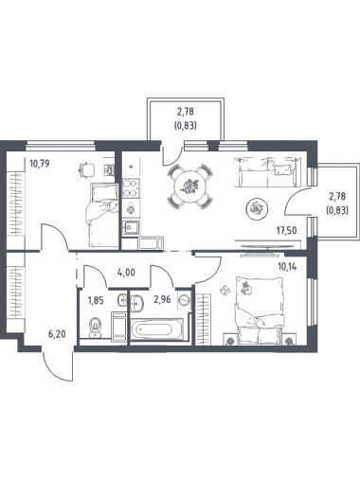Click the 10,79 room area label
(x=40, y=164)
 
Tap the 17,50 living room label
(x=287, y=231)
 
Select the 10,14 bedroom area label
(x=287, y=267)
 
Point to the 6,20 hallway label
(x=57, y=334)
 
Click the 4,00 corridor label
(x=126, y=272)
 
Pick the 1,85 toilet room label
(x=96, y=300)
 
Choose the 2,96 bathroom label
(x=162, y=299)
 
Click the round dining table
(x=189, y=186)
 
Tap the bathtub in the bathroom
(x=156, y=329)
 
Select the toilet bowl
(x=95, y=328)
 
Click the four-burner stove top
(x=131, y=188)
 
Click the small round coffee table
(x=257, y=208)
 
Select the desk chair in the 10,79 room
(x=86, y=169)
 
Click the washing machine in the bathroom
(x=184, y=301)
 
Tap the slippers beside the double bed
(x=225, y=291)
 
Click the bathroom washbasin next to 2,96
(x=136, y=302)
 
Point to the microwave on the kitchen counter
(x=151, y=243)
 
